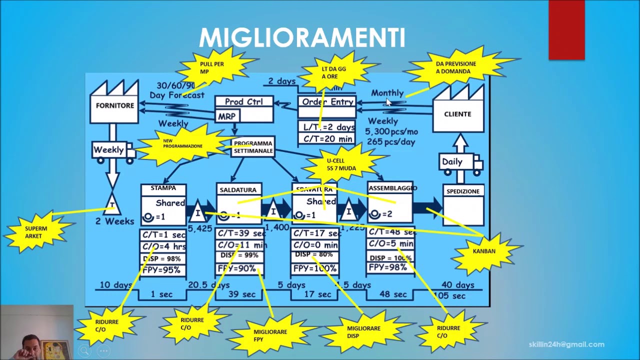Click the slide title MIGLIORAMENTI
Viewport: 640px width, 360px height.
[x=301, y=38]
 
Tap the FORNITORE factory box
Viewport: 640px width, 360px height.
[x=114, y=105]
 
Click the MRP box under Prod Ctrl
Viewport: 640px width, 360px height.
[x=226, y=116]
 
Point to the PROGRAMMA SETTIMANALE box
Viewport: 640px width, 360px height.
[x=253, y=147]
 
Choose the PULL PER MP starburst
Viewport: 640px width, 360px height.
[x=212, y=68]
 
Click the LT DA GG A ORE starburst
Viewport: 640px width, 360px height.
[x=333, y=73]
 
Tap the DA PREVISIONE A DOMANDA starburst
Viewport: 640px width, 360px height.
[x=455, y=67]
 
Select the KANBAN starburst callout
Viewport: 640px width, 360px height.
[x=483, y=251]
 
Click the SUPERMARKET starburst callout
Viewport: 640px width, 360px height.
[x=36, y=232]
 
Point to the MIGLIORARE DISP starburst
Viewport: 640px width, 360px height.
[x=363, y=332]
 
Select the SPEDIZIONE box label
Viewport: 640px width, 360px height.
[x=462, y=191]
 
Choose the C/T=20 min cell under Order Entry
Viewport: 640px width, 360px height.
[x=327, y=139]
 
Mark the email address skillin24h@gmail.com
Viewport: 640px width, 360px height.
[x=566, y=344]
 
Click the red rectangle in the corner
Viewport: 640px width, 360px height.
[x=566, y=30]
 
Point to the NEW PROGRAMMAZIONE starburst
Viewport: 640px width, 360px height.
[x=182, y=143]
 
